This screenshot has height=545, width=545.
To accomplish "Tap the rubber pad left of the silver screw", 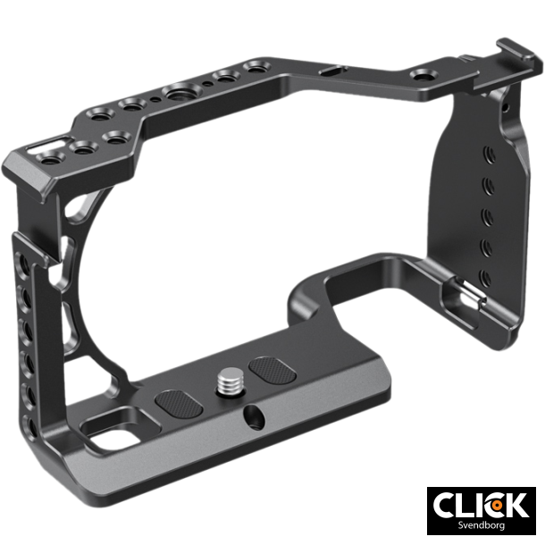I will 175,404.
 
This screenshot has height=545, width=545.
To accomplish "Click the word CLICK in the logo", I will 480,506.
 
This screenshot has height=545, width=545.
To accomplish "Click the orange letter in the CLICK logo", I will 492,506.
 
